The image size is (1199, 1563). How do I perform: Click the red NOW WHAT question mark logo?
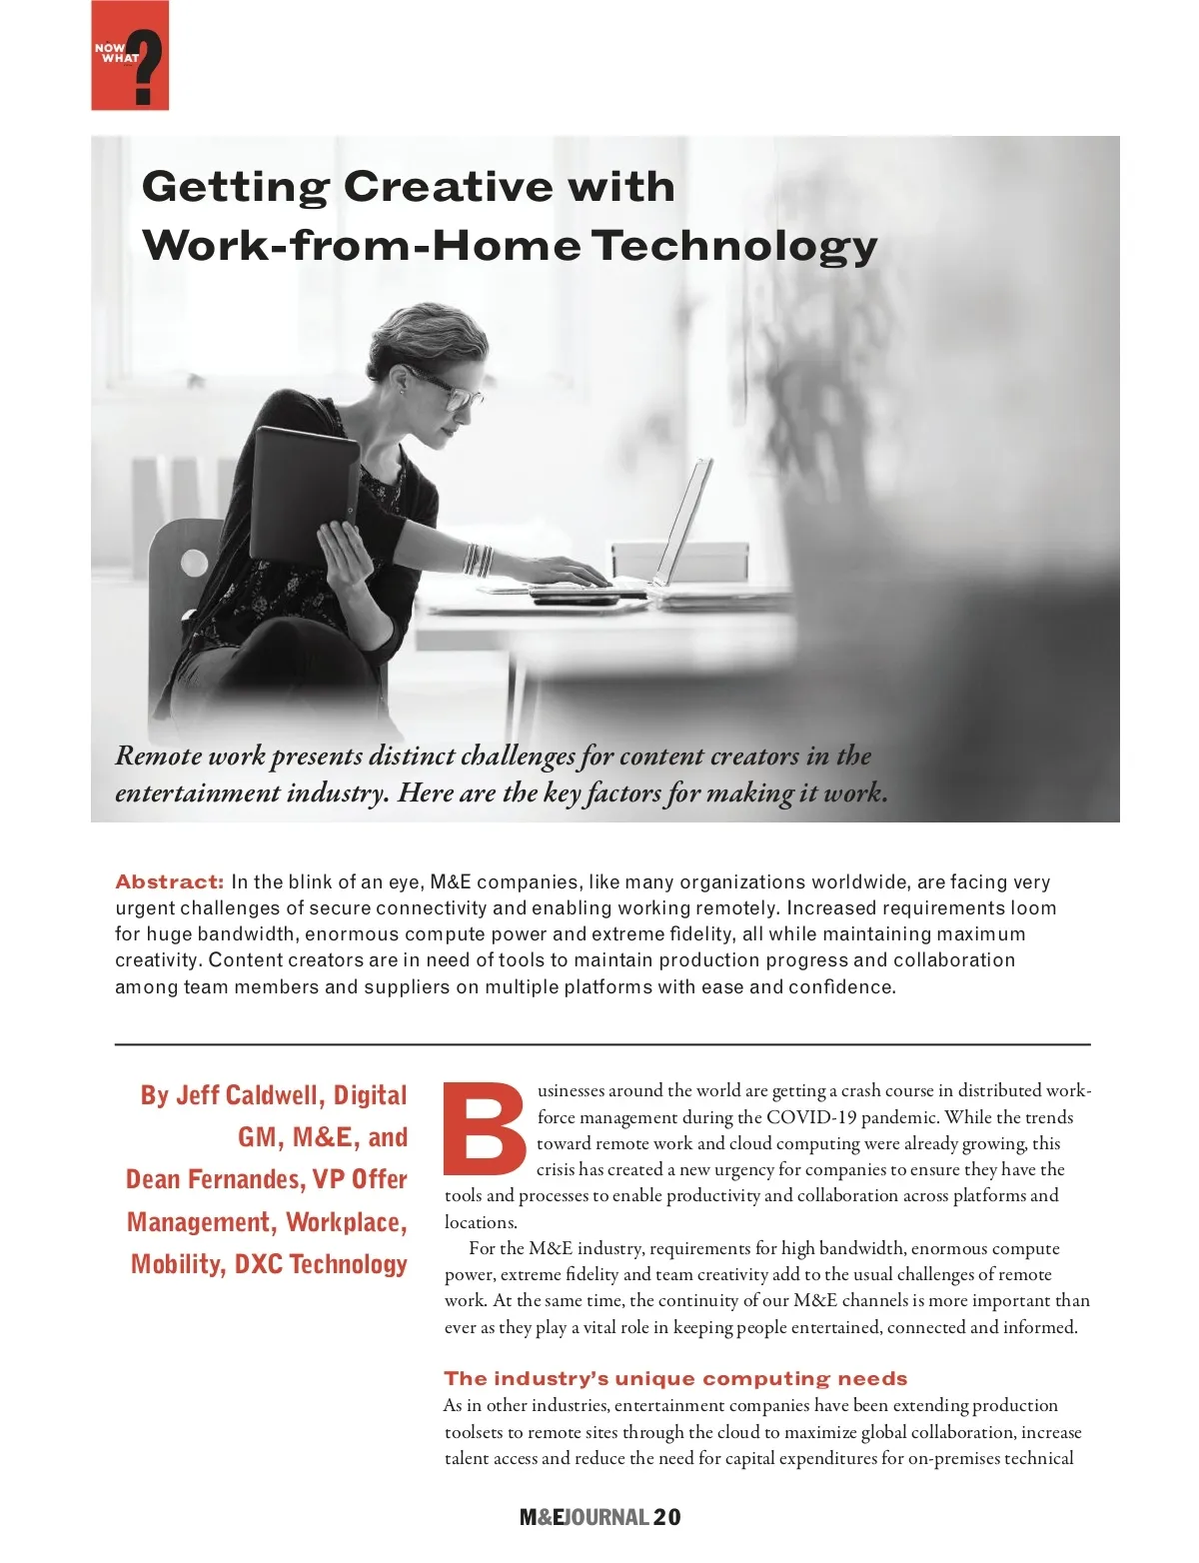tap(130, 56)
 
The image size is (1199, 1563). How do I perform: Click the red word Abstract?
tap(169, 881)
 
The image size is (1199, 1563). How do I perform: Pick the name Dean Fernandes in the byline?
tap(215, 1179)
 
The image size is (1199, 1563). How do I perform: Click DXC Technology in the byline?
tap(321, 1264)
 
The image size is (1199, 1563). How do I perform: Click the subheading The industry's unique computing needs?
tap(675, 1379)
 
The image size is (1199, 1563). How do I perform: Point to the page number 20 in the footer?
tap(667, 1517)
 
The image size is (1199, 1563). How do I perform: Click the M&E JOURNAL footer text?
tap(584, 1517)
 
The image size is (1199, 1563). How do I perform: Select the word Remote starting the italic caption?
tap(158, 756)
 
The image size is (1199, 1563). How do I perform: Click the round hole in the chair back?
tap(194, 562)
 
